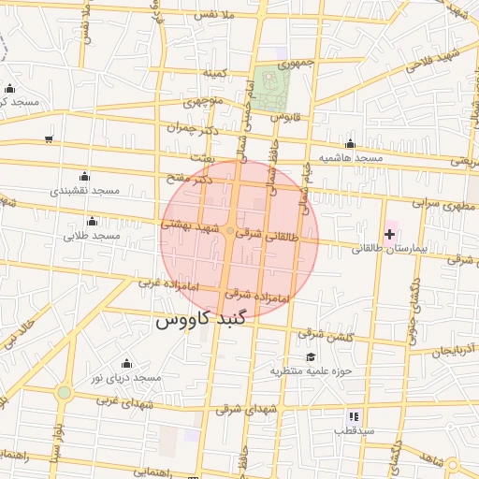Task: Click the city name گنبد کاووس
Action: [x=203, y=321]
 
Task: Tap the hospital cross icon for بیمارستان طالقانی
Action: [x=389, y=231]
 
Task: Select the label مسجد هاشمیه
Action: [x=351, y=158]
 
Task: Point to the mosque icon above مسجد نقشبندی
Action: [x=85, y=176]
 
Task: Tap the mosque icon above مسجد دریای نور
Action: [x=126, y=363]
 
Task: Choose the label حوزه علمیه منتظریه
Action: [x=311, y=370]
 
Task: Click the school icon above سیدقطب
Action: [x=353, y=416]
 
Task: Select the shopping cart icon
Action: [x=48, y=139]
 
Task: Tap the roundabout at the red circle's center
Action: [x=230, y=231]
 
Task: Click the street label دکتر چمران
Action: [x=194, y=129]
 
